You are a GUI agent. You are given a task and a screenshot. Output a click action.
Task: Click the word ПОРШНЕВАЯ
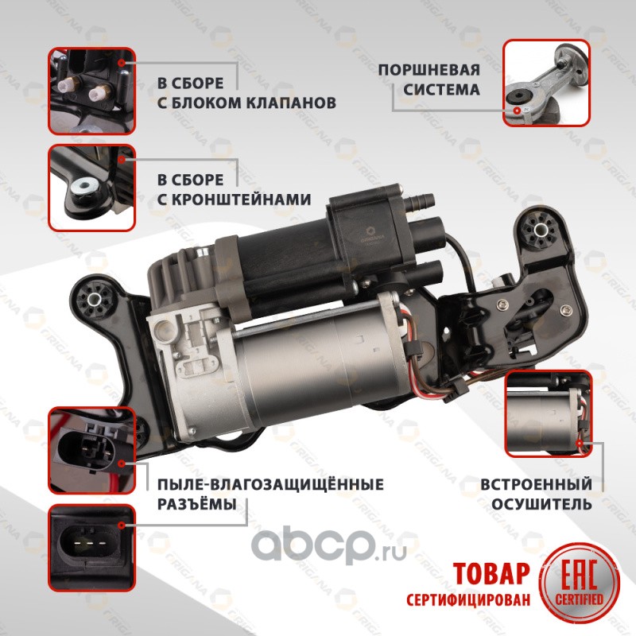[x=429, y=70]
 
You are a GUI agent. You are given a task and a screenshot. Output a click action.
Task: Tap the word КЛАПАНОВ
[x=291, y=103]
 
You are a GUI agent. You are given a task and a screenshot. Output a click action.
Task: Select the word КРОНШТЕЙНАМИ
[x=234, y=200]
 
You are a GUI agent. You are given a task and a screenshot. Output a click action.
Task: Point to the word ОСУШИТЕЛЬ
[x=541, y=504]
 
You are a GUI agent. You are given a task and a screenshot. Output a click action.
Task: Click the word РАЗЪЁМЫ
[x=196, y=504]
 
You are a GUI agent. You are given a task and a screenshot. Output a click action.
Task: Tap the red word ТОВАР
[x=491, y=573]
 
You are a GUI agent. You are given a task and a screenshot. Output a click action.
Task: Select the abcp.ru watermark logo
[x=328, y=545]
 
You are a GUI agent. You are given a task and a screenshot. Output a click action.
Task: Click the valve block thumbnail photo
[x=91, y=91]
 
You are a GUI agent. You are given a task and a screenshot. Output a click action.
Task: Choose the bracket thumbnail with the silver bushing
[x=91, y=188]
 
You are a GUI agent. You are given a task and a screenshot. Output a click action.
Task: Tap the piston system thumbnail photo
[x=546, y=83]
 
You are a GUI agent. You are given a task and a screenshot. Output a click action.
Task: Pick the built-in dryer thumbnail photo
[x=548, y=413]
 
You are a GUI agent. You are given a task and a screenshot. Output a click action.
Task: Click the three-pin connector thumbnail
[x=91, y=548]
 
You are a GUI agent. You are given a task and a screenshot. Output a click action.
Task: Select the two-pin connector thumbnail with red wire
[x=91, y=451]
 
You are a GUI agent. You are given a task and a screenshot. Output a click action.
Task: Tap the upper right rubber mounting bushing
[x=540, y=231]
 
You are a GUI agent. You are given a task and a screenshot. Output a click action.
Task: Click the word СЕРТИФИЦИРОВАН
[x=468, y=600]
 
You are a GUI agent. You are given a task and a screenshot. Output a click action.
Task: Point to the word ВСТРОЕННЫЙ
[x=536, y=484]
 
